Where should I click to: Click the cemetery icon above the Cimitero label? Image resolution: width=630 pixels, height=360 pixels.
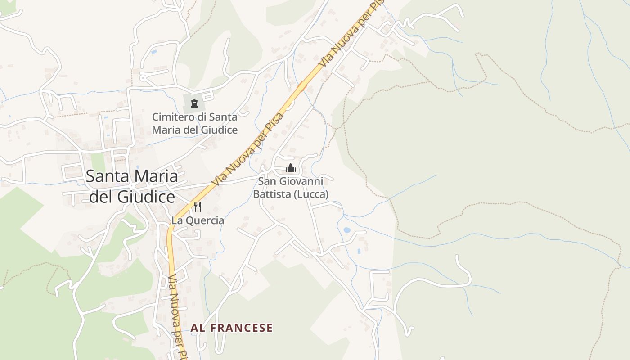click(194, 103)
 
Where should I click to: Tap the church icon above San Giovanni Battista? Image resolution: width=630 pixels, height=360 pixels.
click(291, 168)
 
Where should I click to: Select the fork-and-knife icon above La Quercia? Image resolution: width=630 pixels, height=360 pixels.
click(198, 207)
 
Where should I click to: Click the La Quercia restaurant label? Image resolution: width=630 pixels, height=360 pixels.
click(198, 220)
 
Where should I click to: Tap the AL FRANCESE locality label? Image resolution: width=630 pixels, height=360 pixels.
click(231, 328)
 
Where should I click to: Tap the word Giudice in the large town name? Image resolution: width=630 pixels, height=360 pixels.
click(146, 197)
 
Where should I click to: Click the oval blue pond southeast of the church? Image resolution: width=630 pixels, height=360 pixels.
click(347, 230)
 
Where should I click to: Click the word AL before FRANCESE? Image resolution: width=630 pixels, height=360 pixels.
click(198, 328)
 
